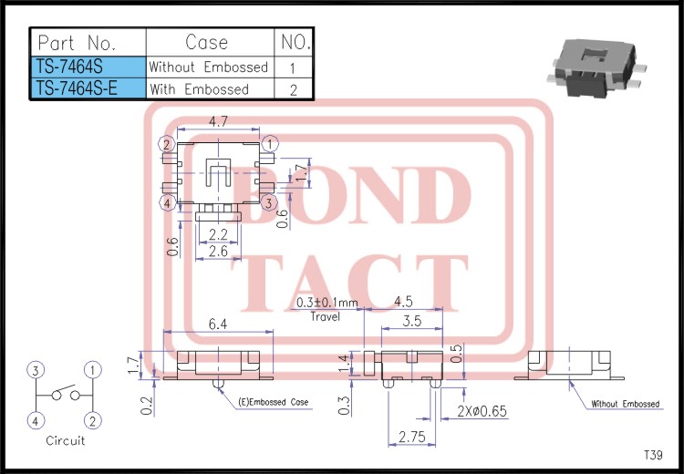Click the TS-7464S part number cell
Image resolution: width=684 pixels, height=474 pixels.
(x=88, y=67)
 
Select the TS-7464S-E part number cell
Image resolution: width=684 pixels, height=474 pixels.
(x=88, y=88)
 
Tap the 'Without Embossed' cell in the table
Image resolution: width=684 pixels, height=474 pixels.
(x=209, y=67)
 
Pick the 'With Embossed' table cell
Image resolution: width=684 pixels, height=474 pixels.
(x=199, y=88)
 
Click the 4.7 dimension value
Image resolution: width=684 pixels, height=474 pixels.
(x=218, y=121)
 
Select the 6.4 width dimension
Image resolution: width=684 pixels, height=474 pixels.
(x=218, y=323)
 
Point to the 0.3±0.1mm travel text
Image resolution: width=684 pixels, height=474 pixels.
(x=327, y=304)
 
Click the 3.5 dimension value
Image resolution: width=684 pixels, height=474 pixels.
(x=412, y=321)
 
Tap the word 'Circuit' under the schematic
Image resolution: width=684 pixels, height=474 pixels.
(x=65, y=440)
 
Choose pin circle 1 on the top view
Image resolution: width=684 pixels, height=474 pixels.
(x=270, y=144)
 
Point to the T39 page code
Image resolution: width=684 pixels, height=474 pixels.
(x=653, y=455)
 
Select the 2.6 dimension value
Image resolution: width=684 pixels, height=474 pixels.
(x=218, y=251)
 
